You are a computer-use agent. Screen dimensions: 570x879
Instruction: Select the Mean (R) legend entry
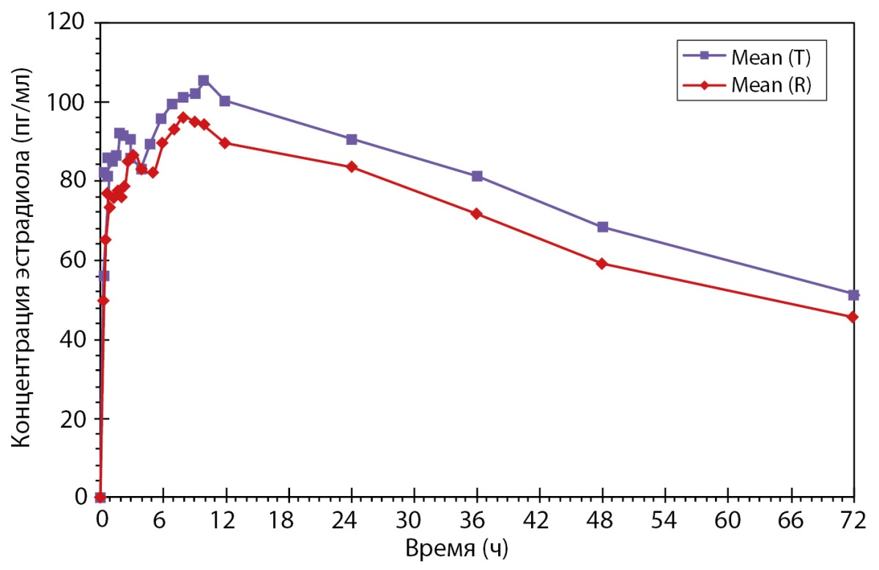click(x=766, y=85)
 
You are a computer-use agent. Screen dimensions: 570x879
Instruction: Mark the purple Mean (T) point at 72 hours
click(x=853, y=295)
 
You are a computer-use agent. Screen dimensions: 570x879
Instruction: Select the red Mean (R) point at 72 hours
click(x=853, y=317)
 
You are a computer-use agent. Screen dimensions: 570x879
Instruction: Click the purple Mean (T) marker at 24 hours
click(x=352, y=139)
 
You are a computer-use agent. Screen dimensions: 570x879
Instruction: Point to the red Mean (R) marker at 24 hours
click(x=352, y=167)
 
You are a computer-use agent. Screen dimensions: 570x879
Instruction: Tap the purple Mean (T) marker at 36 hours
click(x=477, y=176)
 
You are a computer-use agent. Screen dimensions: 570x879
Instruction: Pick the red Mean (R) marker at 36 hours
click(x=477, y=213)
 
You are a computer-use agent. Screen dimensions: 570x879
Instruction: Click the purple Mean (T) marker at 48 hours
click(x=602, y=227)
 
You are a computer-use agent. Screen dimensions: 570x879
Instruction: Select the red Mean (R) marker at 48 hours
click(x=602, y=264)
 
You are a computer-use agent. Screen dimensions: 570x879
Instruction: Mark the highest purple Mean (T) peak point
click(x=204, y=80)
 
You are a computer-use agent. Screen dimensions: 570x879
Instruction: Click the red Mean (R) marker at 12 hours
click(x=225, y=143)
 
